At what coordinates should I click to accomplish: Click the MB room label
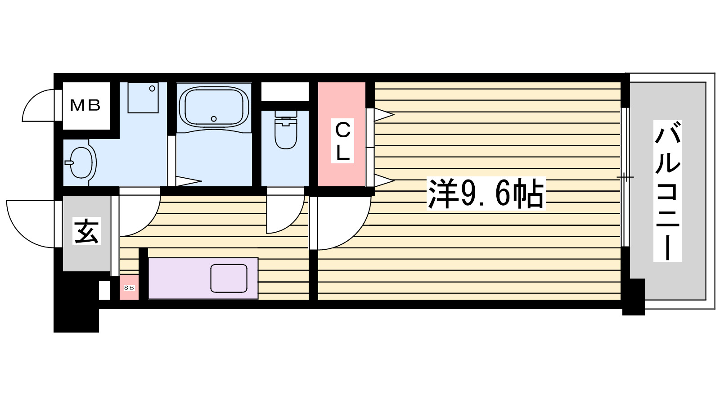coord(85,106)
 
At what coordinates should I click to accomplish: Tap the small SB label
coord(129,288)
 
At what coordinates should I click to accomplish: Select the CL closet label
coord(342,141)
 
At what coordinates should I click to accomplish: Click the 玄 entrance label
coord(87,231)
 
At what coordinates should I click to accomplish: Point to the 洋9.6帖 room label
coord(486,193)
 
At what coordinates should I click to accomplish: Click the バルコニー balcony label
coord(667,191)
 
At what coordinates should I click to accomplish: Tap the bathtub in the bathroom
coord(214,107)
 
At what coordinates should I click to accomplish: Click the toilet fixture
coord(286,131)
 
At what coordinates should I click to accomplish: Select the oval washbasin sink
coord(81,162)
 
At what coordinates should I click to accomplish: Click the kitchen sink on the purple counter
coord(229,278)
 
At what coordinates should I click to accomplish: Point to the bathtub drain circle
coord(214,119)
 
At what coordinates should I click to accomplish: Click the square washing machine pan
coord(143,97)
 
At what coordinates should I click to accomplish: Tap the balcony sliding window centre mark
coord(625,177)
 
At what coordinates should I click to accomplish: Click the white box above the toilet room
coord(285,92)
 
